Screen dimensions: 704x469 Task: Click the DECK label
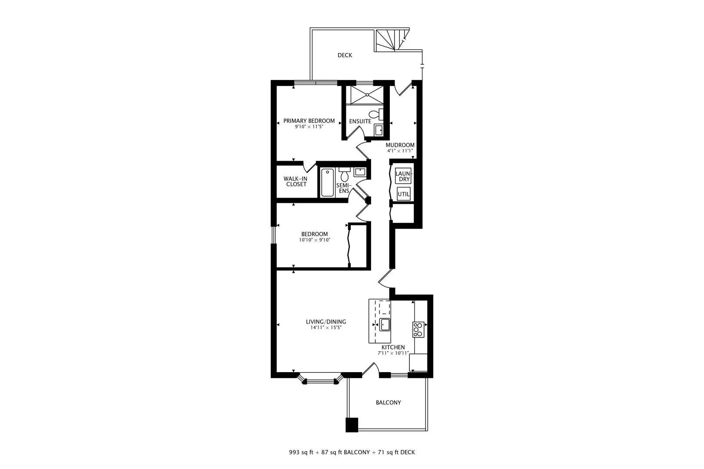point(345,55)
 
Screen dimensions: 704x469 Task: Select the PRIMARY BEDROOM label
point(309,121)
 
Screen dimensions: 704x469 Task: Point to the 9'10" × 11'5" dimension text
point(309,127)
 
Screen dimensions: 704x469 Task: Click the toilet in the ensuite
point(376,114)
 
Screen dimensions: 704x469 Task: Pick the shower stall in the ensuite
point(367,95)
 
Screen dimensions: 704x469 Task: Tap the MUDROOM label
point(400,145)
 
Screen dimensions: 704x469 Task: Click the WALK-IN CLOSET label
point(296,182)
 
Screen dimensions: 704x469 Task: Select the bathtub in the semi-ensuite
point(328,183)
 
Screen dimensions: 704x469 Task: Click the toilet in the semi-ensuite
point(345,175)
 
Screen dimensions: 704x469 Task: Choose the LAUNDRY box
point(403,176)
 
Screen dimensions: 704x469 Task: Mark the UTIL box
point(404,194)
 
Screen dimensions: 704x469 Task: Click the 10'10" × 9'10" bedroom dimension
point(315,240)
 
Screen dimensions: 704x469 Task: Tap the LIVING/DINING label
point(326,322)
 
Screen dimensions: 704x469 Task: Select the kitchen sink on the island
point(385,325)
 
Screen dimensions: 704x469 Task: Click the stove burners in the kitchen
point(418,330)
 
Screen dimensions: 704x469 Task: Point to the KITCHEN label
point(393,347)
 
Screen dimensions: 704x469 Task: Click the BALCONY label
point(389,403)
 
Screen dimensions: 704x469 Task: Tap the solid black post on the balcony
point(352,425)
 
